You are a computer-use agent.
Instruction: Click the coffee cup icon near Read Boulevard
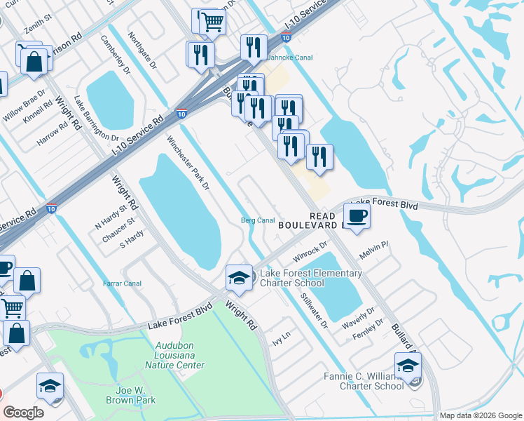point(358,216)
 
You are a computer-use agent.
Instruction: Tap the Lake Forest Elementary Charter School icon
point(239,277)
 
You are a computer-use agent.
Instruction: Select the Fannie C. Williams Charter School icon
point(408,366)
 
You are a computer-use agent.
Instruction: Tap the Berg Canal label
point(257,220)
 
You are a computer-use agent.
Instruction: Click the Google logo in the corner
point(24,413)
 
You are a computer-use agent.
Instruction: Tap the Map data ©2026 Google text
point(480,415)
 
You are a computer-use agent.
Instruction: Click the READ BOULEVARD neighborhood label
point(308,220)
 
